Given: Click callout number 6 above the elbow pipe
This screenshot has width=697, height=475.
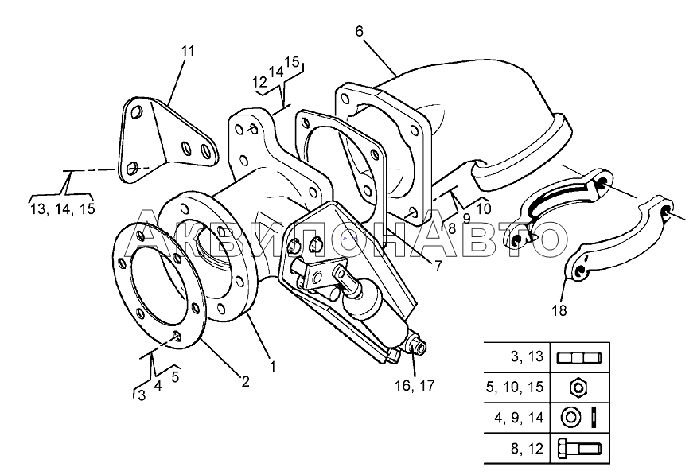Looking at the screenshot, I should click(x=359, y=31).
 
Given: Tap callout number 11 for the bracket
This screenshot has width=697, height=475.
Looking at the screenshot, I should click(x=187, y=51).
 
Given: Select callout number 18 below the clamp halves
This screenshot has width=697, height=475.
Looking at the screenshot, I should click(x=559, y=310).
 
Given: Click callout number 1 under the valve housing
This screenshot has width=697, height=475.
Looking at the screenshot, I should click(x=272, y=367).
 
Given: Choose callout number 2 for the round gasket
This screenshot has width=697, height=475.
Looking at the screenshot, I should click(x=245, y=381).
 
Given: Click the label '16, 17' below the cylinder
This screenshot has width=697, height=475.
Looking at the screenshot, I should click(x=415, y=386).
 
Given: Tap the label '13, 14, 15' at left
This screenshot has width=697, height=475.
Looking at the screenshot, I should click(x=61, y=208).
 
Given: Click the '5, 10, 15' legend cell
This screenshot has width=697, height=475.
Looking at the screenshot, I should click(x=519, y=387).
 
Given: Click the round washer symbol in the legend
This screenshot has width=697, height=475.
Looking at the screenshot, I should click(x=570, y=418).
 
